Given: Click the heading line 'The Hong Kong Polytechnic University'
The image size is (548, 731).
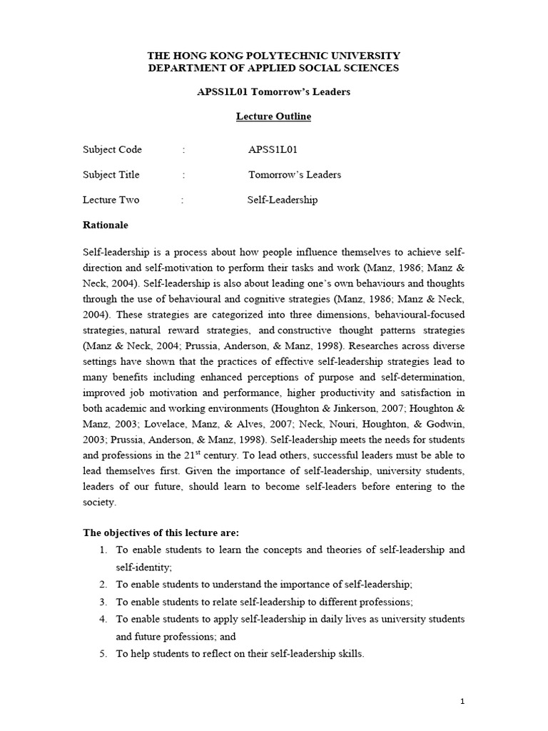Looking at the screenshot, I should pyautogui.click(x=273, y=55).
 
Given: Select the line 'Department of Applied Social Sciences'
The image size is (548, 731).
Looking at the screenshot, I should pyautogui.click(x=273, y=68).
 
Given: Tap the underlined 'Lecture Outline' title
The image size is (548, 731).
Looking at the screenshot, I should pyautogui.click(x=274, y=116).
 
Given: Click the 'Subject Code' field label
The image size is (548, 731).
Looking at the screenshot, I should pyautogui.click(x=112, y=149).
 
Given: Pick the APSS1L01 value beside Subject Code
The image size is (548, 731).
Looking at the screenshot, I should pyautogui.click(x=273, y=149).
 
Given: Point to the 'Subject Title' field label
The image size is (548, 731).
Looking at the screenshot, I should pyautogui.click(x=111, y=174).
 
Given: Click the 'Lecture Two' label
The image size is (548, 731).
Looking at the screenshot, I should pyautogui.click(x=111, y=200).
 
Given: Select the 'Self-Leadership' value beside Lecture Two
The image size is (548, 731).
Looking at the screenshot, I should pyautogui.click(x=283, y=200).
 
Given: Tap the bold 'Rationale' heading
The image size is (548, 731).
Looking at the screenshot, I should pyautogui.click(x=106, y=225).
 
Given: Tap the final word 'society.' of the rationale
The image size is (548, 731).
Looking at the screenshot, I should pyautogui.click(x=100, y=502).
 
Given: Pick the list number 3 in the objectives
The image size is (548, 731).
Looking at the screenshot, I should pyautogui.click(x=103, y=601).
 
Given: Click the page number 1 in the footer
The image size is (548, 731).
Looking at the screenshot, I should pyautogui.click(x=462, y=702).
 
